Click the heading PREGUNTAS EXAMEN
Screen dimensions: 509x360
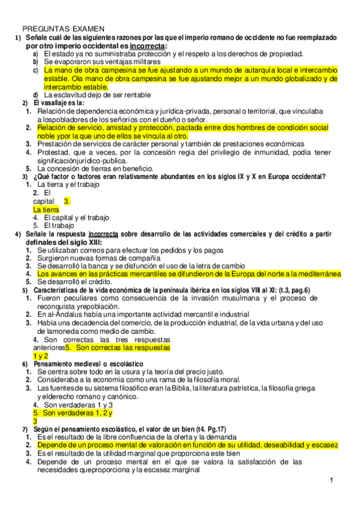tap(64, 28)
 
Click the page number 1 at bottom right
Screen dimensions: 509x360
tap(331, 482)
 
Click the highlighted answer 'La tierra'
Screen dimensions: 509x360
tap(46, 209)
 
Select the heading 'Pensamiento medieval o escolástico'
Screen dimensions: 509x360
tap(88, 364)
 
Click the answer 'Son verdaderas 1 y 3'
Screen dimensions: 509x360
tap(78, 405)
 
